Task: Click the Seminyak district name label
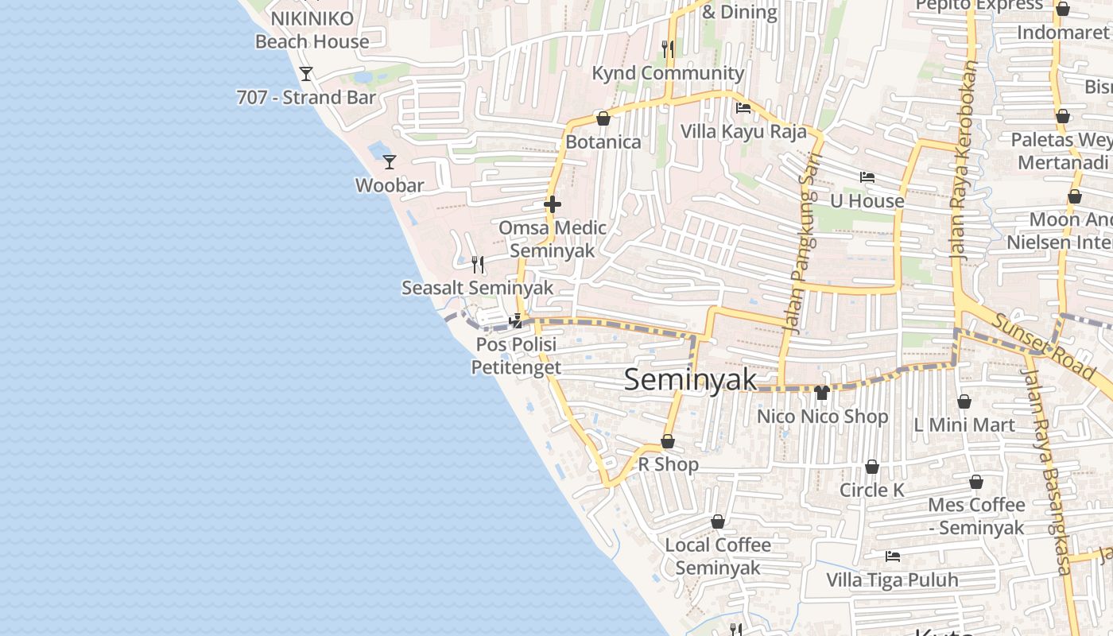pos(691,380)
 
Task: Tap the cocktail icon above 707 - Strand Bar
pos(306,74)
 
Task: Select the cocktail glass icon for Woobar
pos(390,162)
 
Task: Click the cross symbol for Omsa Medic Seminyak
pos(553,204)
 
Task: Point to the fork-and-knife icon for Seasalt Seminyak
pos(478,264)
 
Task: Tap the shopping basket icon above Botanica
pos(603,118)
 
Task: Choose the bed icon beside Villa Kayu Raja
pos(743,108)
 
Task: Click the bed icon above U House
pos(867,177)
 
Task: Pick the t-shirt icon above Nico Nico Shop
pos(822,392)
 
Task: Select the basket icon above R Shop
pos(668,441)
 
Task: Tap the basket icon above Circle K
pos(872,467)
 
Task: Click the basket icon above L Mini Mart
pos(964,401)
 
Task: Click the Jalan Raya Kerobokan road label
pos(963,159)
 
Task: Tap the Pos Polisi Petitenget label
pos(516,355)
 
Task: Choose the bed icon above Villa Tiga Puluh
pos(893,556)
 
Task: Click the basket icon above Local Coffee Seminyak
pos(718,522)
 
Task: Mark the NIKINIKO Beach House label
pos(312,30)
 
